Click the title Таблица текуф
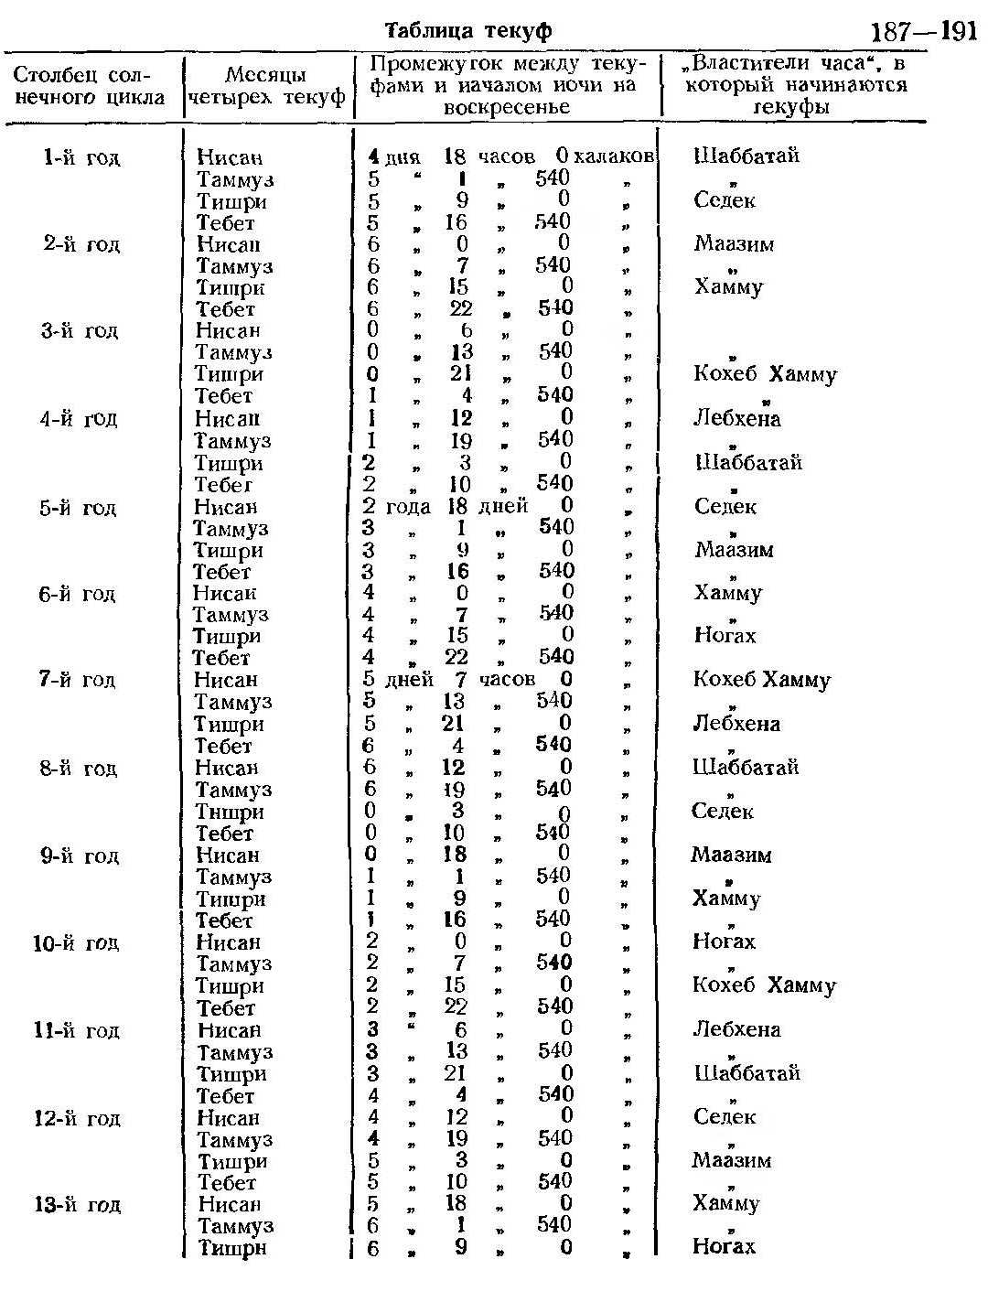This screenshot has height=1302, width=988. coord(468,30)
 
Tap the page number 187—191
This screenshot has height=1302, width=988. coord(923,32)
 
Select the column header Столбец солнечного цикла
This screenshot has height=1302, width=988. coord(89,85)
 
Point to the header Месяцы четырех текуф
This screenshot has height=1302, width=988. coord(267,86)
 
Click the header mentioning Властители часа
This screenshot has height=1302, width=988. coord(793,85)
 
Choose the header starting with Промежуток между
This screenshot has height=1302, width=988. coord(507,85)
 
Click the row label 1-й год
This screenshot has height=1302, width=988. coord(82,157)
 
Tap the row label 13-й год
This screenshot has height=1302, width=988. coord(77,1205)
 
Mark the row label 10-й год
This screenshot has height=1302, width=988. coord(76,943)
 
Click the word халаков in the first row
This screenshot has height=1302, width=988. coord(615,157)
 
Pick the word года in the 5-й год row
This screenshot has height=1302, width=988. coord(409,507)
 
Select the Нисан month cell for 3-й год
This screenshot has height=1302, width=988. coord(228,331)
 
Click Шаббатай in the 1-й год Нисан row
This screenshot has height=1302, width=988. coord(746,156)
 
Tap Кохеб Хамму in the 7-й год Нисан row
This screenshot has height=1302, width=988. coord(762,680)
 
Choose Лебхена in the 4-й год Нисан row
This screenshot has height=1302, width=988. coord(737,419)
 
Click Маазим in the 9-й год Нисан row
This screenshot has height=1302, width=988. coord(731,855)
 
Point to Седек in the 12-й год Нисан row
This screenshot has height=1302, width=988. coord(725,1117)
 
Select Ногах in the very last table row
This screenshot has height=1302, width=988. coord(725,1246)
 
